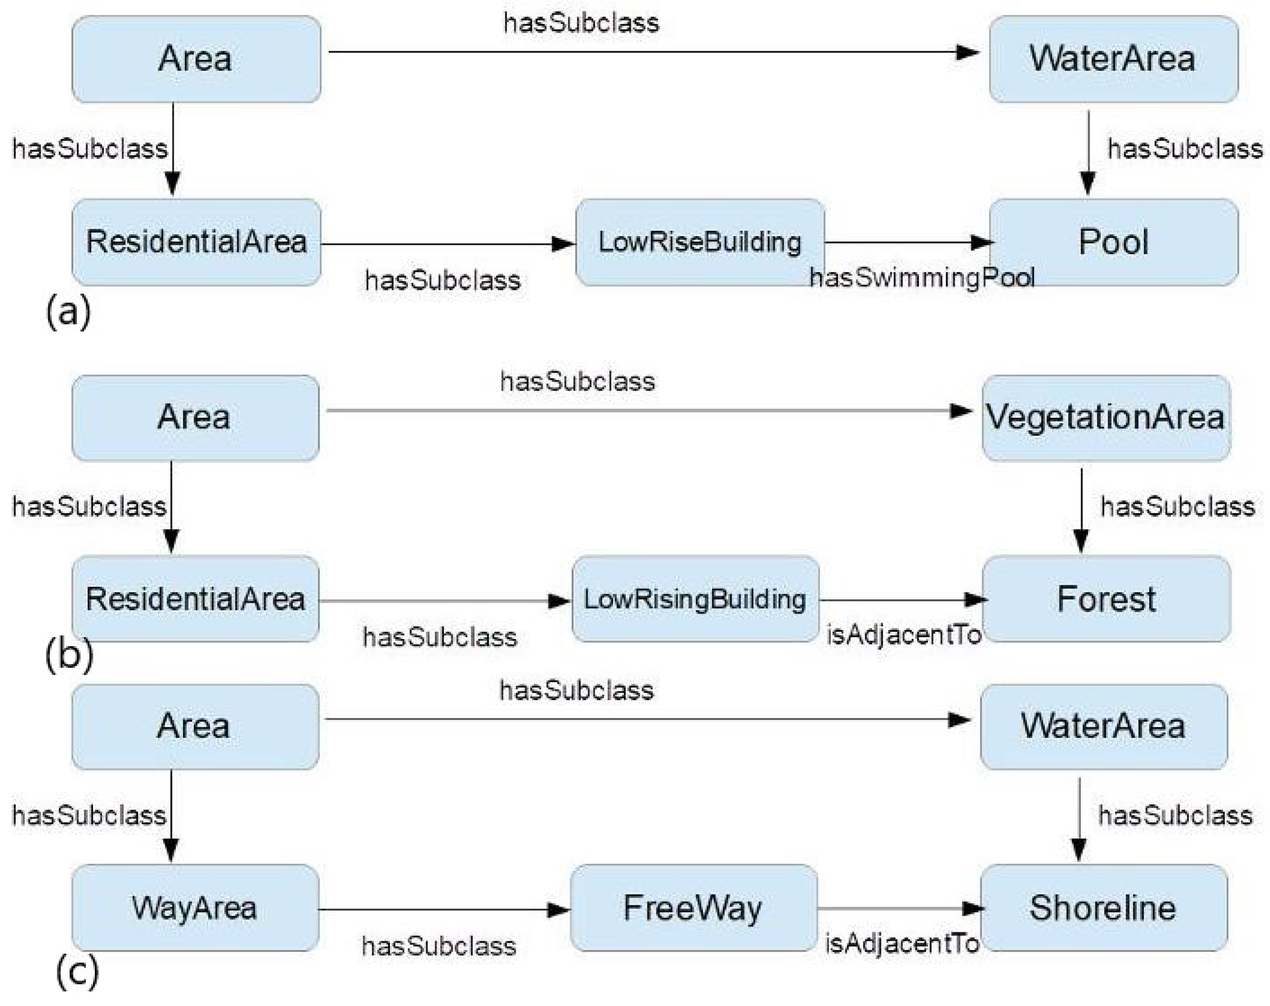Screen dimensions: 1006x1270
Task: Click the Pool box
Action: point(1113,242)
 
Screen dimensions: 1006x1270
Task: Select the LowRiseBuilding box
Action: point(699,242)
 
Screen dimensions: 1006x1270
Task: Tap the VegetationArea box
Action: point(1106,417)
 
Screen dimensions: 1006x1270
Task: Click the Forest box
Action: point(1106,599)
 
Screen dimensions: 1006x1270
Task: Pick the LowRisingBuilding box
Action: point(695,599)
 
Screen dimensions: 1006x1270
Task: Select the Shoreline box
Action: point(1103,907)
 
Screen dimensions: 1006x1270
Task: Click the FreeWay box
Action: point(694,907)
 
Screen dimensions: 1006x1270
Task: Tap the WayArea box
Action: point(195,907)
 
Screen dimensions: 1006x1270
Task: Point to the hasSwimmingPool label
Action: point(922,277)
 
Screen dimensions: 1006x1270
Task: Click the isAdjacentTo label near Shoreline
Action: point(902,944)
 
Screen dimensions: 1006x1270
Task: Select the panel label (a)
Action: point(68,311)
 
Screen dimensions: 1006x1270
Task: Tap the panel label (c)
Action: point(76,972)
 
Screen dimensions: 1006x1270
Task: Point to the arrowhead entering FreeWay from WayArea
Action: point(558,910)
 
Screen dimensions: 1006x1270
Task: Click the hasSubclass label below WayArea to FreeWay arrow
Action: point(439,946)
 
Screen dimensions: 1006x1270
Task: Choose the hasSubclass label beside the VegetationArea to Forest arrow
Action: point(1177,507)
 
